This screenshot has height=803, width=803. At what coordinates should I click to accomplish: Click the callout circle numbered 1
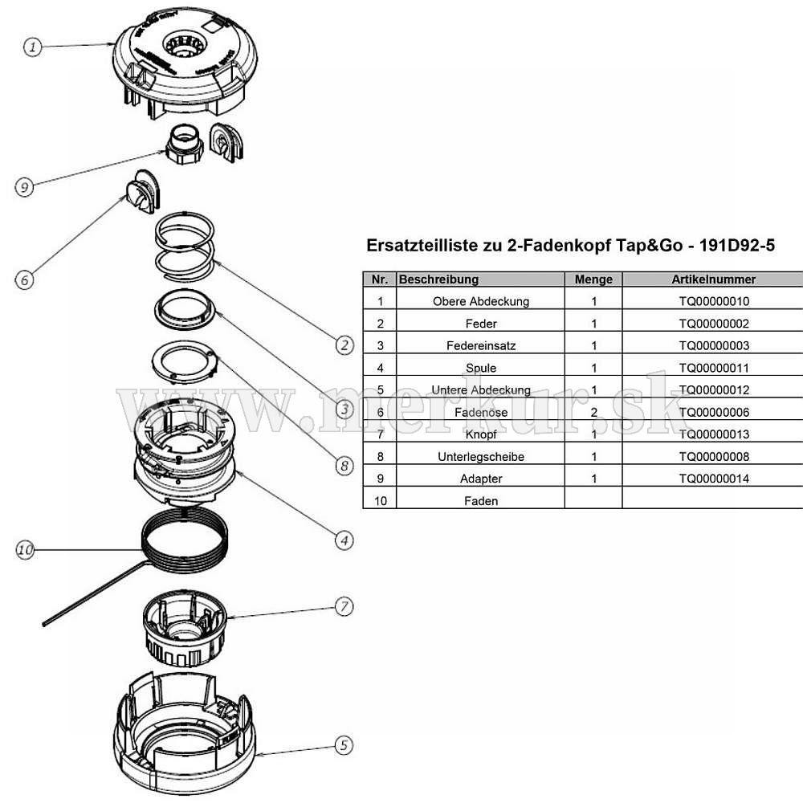click(32, 47)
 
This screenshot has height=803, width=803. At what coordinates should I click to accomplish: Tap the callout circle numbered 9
click(25, 187)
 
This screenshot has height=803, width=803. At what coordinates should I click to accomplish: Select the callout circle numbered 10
click(26, 550)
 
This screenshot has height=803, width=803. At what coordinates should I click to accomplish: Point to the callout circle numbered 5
click(343, 745)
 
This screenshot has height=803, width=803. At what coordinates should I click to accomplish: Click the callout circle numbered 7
click(344, 606)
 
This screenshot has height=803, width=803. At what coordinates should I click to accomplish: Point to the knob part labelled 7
click(182, 630)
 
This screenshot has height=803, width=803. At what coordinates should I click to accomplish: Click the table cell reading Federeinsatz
click(481, 345)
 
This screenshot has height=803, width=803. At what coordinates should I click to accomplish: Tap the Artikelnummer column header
click(713, 279)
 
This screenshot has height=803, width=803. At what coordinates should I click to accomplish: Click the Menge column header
click(593, 279)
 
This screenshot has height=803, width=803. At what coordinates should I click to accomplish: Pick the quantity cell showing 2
click(593, 412)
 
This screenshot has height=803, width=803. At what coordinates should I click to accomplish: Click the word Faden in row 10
click(481, 500)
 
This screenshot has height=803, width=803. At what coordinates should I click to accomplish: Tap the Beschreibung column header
click(438, 279)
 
